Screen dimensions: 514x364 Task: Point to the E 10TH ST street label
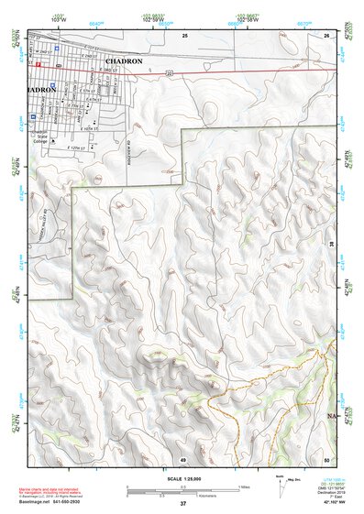point(91,129)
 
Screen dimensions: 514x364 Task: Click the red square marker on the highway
point(39,65)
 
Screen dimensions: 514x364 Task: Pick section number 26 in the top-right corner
point(325,34)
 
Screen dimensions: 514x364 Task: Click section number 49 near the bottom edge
point(182,457)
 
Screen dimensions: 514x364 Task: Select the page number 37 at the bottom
point(182,504)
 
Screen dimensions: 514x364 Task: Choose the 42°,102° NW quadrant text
point(326,503)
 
